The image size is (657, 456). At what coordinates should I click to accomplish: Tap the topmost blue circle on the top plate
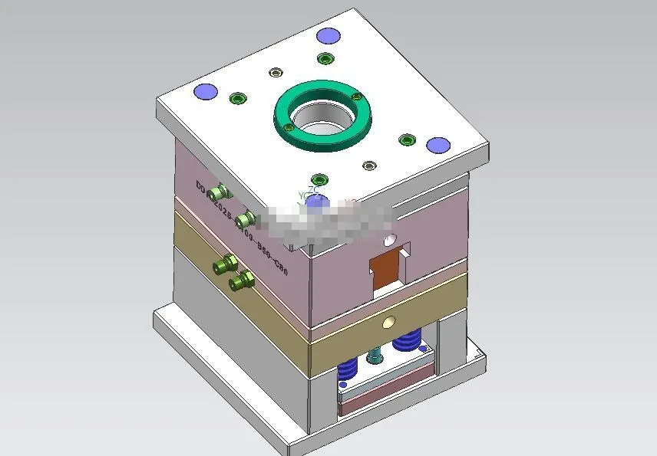[x=328, y=35]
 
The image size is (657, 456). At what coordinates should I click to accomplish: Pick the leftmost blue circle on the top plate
[x=206, y=91]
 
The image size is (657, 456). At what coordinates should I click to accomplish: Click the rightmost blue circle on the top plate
[x=437, y=145]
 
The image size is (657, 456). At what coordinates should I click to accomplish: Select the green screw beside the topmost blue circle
[x=325, y=59]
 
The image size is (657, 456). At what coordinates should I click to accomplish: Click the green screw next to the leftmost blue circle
[x=237, y=98]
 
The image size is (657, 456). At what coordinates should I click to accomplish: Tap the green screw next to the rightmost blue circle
[x=407, y=139]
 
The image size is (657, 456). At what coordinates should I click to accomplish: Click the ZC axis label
[x=312, y=189]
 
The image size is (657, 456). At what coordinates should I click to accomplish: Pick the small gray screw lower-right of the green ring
[x=370, y=166]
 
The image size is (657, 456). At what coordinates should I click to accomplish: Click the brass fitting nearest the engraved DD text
[x=223, y=192]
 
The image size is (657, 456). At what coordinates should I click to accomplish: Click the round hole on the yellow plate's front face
[x=389, y=323]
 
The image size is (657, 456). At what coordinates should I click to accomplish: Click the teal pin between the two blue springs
[x=375, y=356]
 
